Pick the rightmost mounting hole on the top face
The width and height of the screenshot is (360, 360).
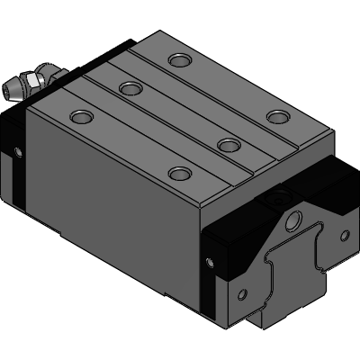[278, 116]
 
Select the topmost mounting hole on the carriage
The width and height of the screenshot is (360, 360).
[180, 60]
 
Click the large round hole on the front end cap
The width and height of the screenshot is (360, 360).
[295, 220]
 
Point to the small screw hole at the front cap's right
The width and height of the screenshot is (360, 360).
[343, 237]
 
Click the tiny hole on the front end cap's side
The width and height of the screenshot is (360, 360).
[210, 261]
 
